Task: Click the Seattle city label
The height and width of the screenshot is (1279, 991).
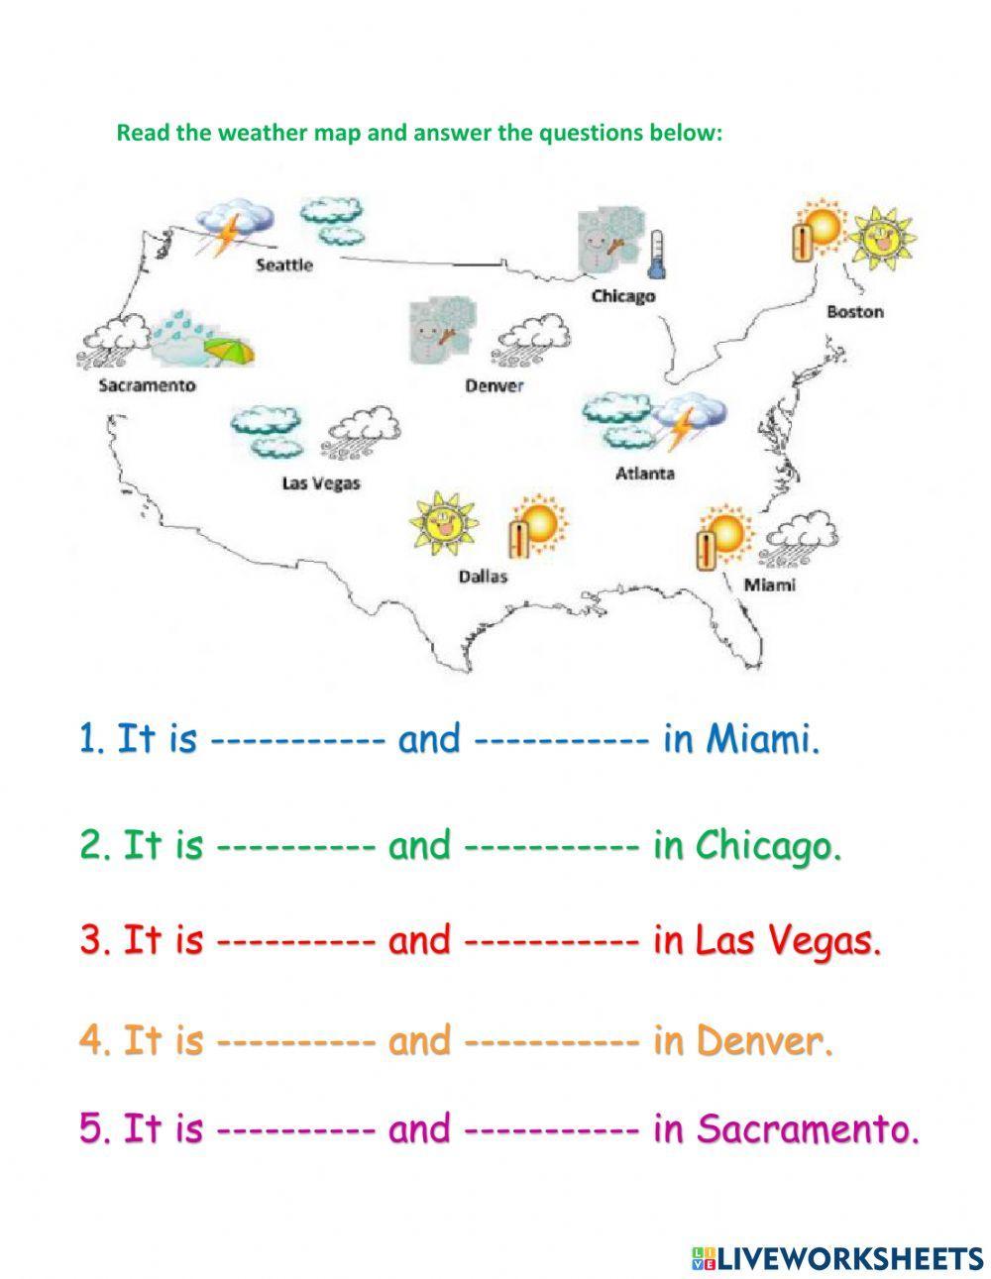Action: click(x=283, y=265)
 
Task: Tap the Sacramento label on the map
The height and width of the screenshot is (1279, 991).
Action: click(x=147, y=385)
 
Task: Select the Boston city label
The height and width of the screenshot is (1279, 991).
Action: click(x=854, y=311)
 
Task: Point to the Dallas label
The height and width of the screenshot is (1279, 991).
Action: click(x=483, y=576)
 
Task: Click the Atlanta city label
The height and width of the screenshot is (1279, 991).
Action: click(x=645, y=474)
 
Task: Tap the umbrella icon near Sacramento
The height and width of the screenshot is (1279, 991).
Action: click(x=228, y=351)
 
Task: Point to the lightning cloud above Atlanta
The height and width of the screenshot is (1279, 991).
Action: click(x=689, y=421)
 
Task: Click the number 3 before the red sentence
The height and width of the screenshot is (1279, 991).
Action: click(x=92, y=940)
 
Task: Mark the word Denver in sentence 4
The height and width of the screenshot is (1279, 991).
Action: click(x=764, y=1040)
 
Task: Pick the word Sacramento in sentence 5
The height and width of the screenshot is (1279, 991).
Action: click(x=809, y=1128)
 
